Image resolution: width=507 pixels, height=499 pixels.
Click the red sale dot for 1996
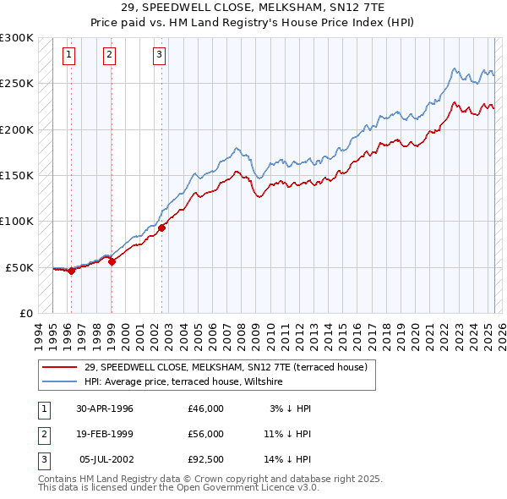tap(71, 271)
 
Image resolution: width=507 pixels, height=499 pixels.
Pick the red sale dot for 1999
tap(112, 261)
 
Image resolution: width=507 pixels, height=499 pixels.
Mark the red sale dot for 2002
tap(161, 228)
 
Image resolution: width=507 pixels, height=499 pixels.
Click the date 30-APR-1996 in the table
tap(105, 409)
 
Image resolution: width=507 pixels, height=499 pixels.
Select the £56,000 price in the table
tap(206, 433)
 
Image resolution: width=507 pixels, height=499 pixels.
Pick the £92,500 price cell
tap(206, 458)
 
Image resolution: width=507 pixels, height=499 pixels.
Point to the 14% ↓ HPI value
tap(289, 458)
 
